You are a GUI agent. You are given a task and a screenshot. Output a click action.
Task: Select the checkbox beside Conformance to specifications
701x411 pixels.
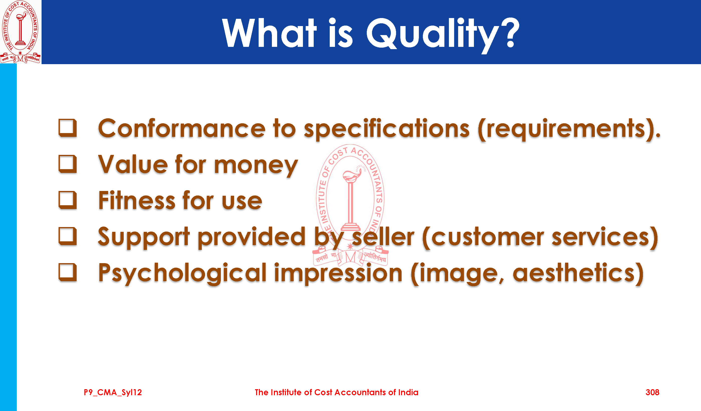pos(68,128)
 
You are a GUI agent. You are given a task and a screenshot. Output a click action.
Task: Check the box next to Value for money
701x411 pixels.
pos(68,164)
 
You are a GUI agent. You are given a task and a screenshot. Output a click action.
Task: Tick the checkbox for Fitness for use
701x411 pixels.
pos(68,200)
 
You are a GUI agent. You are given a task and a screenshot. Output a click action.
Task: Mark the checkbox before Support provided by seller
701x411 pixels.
pos(68,236)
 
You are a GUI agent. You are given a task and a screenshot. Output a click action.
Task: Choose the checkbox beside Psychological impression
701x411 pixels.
pos(68,272)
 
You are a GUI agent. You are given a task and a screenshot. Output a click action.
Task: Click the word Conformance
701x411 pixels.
pos(182,128)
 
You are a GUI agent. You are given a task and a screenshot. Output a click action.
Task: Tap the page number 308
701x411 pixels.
pos(652,392)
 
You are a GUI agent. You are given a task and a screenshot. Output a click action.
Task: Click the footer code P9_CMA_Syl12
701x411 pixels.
pos(113,393)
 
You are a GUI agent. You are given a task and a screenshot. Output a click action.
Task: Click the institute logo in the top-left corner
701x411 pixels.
pos(20,32)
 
